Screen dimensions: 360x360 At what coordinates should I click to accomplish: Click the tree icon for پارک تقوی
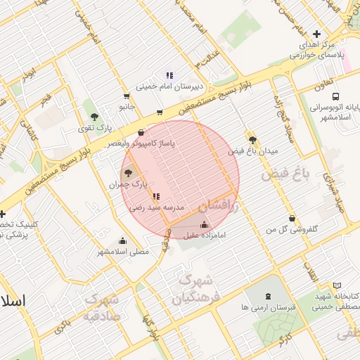(x=94, y=117)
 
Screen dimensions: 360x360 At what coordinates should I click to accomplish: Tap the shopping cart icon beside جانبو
(x=127, y=96)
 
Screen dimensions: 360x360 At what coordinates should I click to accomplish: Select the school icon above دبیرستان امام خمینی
(x=169, y=75)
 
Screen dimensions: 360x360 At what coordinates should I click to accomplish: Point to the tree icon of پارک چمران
(x=127, y=172)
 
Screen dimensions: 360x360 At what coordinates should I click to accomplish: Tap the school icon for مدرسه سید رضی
(x=155, y=197)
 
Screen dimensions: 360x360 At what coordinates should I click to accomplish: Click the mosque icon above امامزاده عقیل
(x=204, y=225)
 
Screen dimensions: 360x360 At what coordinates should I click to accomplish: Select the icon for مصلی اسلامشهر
(x=123, y=240)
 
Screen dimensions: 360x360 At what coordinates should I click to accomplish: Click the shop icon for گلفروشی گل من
(x=291, y=218)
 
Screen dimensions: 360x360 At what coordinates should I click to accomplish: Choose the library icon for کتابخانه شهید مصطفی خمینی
(x=337, y=286)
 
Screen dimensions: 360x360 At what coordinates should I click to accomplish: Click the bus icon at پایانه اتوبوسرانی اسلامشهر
(x=335, y=96)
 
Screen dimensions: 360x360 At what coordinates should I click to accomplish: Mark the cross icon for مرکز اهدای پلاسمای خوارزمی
(x=316, y=34)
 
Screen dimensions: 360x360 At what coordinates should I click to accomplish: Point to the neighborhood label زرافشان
(x=219, y=204)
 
